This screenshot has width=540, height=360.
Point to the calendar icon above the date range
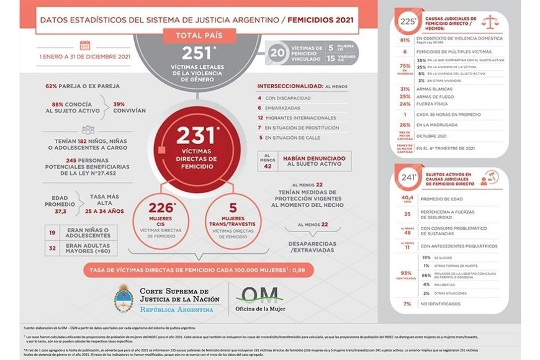tap(85, 45)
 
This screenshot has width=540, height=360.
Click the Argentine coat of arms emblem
tap(124, 299)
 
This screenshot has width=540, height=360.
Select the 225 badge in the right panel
tap(408, 22)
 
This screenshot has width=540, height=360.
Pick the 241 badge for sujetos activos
tap(408, 178)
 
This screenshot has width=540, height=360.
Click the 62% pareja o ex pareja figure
tap(54, 86)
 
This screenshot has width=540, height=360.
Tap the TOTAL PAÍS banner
tap(199, 35)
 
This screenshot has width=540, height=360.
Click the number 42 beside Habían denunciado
tap(268, 166)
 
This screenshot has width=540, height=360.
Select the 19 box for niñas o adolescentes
tap(52, 233)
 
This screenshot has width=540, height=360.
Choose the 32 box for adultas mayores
tap(52, 247)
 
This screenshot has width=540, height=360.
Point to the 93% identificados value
tap(405, 272)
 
